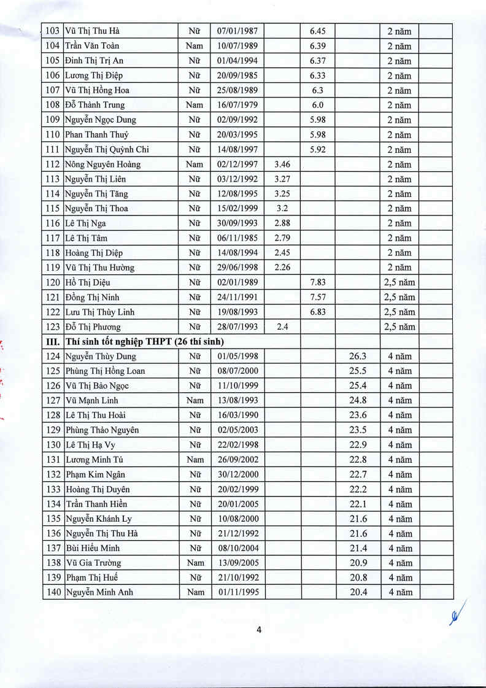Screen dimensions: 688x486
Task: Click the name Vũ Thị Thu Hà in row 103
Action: (x=93, y=31)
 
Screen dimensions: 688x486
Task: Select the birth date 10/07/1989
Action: (x=237, y=46)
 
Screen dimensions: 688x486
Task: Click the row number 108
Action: (x=53, y=105)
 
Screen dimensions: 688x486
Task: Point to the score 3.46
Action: (x=282, y=164)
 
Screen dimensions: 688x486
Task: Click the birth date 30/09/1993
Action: (x=237, y=223)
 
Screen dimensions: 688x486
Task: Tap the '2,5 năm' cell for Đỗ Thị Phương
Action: (x=399, y=327)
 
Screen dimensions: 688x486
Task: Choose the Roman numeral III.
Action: (x=53, y=342)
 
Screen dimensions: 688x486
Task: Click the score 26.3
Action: (x=358, y=357)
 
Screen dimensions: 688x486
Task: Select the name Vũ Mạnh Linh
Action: (x=91, y=401)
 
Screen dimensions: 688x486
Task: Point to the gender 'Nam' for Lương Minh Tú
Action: (x=195, y=460)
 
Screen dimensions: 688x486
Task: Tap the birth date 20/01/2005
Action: (x=237, y=504)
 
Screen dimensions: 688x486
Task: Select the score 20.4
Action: (x=358, y=593)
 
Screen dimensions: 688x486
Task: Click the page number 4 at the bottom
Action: (x=259, y=630)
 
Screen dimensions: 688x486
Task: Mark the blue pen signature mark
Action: (x=456, y=614)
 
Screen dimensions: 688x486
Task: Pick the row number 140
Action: (x=53, y=593)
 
